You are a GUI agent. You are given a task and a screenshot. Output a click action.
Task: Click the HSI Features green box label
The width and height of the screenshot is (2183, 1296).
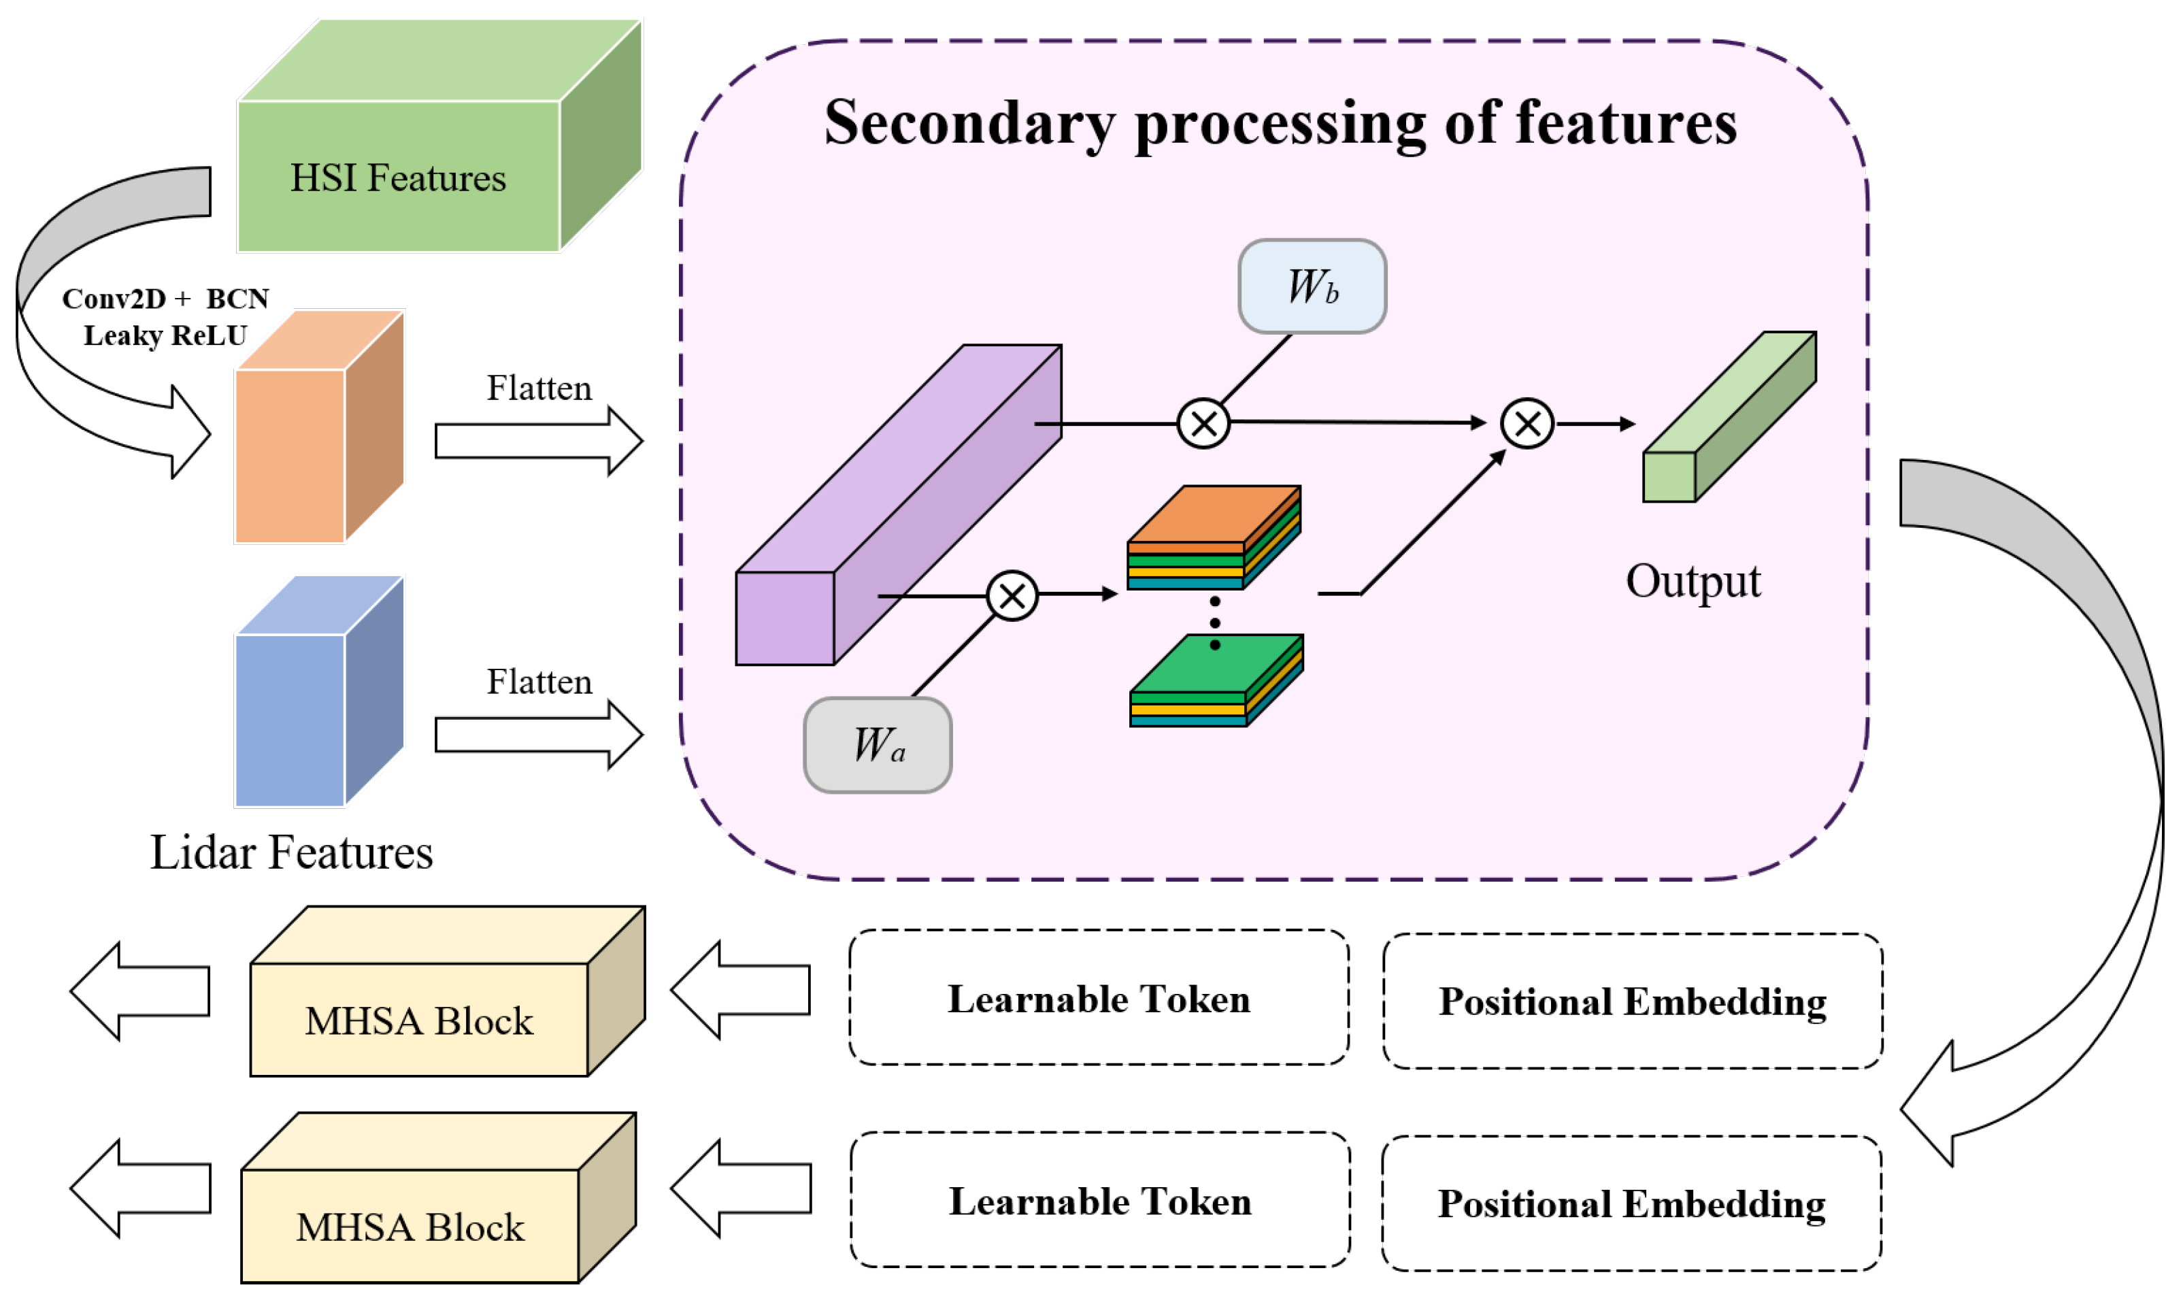coord(398,178)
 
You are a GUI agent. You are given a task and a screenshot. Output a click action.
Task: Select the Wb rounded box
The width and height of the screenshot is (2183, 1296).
coord(1312,286)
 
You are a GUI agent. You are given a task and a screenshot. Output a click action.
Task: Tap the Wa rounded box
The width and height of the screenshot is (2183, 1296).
coord(878,745)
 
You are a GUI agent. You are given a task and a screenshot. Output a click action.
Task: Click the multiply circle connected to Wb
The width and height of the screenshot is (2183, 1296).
coord(1203,424)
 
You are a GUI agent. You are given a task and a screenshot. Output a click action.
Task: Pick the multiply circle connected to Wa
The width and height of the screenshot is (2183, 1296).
coord(1012,597)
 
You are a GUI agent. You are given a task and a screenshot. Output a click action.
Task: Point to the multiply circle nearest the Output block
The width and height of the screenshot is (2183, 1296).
coord(1527,424)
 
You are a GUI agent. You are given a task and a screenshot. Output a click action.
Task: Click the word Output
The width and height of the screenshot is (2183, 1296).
coord(1693,582)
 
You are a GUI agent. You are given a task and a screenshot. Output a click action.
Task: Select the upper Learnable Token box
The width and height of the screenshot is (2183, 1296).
coord(1099,998)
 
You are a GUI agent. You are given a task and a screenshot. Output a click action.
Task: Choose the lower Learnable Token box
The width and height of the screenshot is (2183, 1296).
coord(1099,1201)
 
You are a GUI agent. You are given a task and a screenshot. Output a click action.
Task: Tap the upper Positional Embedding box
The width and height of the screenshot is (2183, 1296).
coord(1631,1001)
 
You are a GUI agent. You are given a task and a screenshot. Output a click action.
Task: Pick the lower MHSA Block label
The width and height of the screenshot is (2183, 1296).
coord(410,1227)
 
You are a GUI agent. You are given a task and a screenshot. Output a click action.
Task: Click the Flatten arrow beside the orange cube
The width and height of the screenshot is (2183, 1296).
coord(538,441)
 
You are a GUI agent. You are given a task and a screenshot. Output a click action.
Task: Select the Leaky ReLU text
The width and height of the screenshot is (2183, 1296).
coord(165,335)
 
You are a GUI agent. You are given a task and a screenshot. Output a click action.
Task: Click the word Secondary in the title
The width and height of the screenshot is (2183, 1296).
coord(969,123)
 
